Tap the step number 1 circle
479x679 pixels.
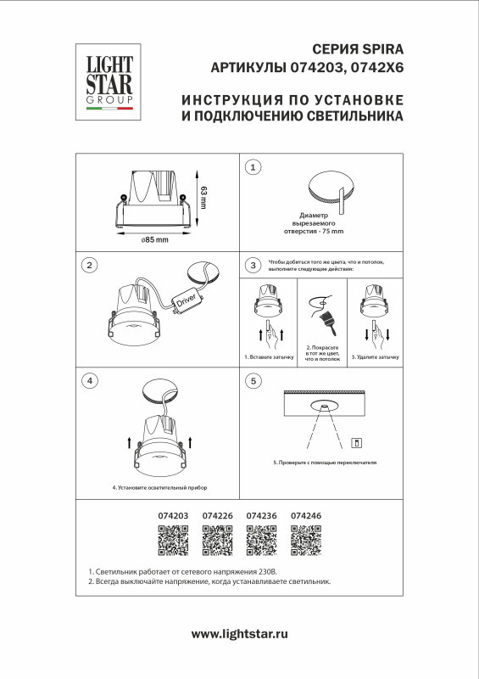[x=253, y=168]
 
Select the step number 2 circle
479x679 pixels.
[x=90, y=266]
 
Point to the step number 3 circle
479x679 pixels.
[x=253, y=266]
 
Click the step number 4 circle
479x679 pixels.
[x=90, y=380]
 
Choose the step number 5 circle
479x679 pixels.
[x=253, y=380]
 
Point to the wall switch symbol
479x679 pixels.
[x=357, y=441]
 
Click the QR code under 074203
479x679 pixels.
[x=173, y=541]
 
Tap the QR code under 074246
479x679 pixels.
[x=305, y=541]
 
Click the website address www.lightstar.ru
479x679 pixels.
[x=240, y=634]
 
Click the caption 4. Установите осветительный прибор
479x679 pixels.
[x=159, y=489]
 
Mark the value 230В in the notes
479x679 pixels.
[x=282, y=573]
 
